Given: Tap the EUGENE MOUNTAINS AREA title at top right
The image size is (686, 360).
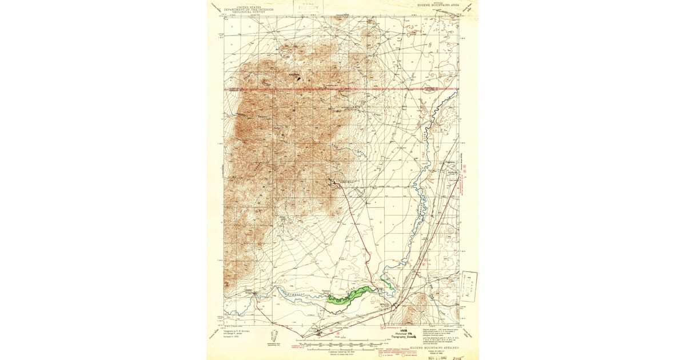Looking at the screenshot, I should click(x=434, y=5).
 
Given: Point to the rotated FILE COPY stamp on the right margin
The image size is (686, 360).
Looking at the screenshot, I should click(x=469, y=286).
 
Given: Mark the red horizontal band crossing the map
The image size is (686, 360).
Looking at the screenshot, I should click(x=343, y=90).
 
